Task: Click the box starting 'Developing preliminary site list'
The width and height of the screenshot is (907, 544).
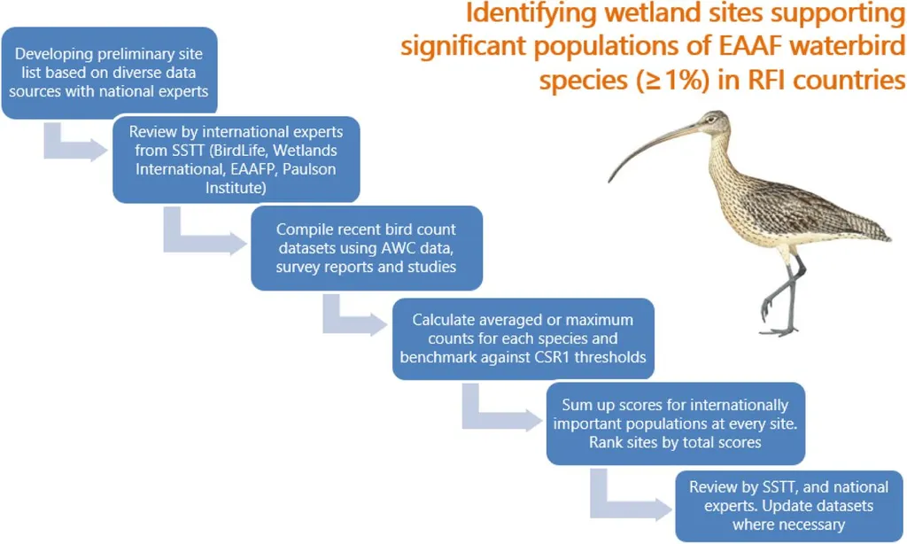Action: (x=109, y=73)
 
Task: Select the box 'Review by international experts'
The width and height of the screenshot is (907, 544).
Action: (x=236, y=159)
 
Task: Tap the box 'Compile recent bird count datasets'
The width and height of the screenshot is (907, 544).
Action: (x=367, y=248)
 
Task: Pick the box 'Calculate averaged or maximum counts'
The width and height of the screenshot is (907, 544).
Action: (x=523, y=338)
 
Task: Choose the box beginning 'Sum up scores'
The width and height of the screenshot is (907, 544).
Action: (x=676, y=424)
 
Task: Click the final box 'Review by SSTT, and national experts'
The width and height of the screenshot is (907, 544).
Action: (x=789, y=506)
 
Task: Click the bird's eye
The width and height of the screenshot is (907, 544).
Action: (x=711, y=120)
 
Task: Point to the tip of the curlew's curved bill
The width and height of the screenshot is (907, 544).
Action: (x=609, y=181)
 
